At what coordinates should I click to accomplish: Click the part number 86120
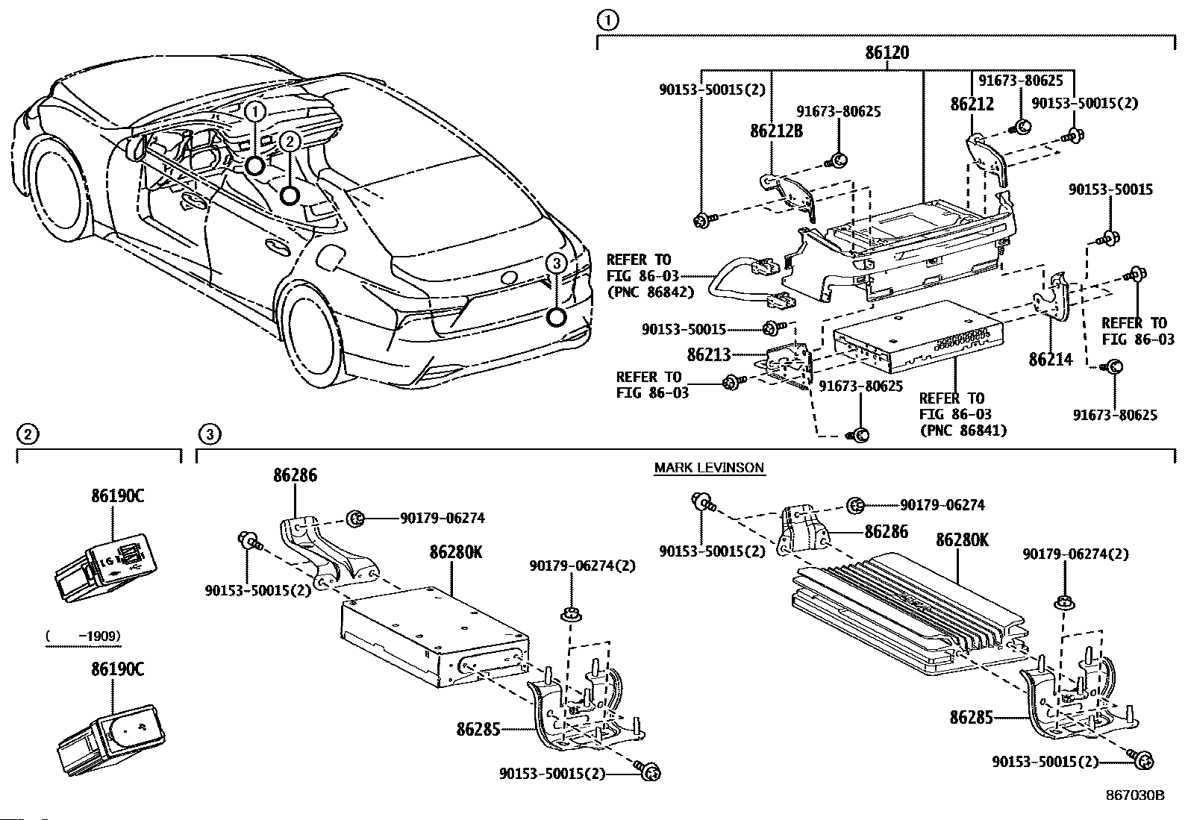tap(887, 52)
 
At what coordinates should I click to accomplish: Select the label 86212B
tap(776, 131)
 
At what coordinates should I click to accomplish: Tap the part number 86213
tap(709, 354)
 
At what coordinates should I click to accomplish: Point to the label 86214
tap(1051, 360)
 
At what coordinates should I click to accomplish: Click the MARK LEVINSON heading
tap(709, 467)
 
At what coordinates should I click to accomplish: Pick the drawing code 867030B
tap(1135, 795)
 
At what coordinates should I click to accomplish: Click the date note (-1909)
tap(83, 636)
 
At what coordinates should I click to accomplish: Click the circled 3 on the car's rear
tap(557, 263)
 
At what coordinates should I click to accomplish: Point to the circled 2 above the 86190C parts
tap(28, 434)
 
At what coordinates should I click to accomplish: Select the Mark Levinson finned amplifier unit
tap(910, 613)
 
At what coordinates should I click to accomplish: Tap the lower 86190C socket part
tap(110, 739)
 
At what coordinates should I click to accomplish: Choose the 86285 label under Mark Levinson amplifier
tap(971, 717)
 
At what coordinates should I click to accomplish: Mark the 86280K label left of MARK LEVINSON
tap(456, 552)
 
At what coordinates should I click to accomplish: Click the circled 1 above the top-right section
tap(607, 20)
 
